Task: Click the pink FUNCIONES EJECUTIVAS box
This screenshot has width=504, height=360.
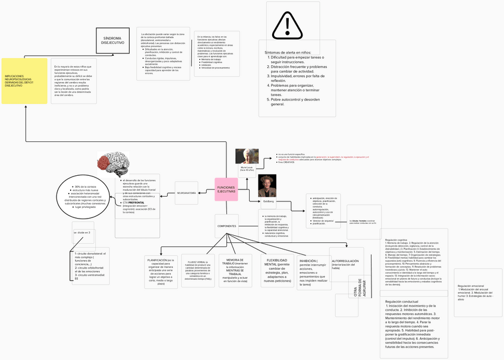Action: (226, 189)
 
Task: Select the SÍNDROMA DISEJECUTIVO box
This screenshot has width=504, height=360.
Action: (112, 40)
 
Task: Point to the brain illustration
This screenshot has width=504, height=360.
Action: (113, 162)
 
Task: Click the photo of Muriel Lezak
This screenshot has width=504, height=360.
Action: (246, 157)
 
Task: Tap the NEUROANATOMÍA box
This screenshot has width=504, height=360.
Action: (186, 193)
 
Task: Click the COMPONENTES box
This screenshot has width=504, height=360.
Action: (226, 226)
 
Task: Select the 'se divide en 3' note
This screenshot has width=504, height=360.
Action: (82, 233)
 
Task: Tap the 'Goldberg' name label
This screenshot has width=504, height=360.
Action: (269, 201)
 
